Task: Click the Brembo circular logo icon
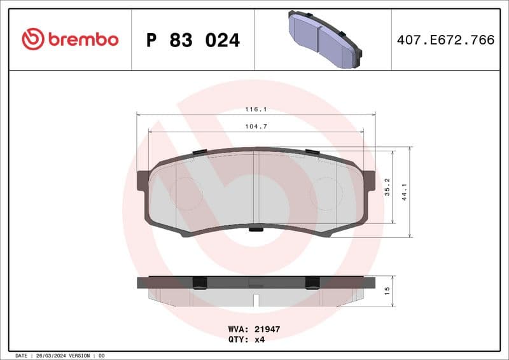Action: coord(32,39)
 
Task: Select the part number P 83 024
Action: coord(193,40)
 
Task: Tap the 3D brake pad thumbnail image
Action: coord(324,39)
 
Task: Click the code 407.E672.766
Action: coord(445,40)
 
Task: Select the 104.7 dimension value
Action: coord(256,127)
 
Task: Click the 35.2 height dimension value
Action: coord(387,187)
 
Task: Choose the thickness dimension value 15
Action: coord(387,291)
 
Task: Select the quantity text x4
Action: coord(259,340)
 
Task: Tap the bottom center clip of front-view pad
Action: coord(256,229)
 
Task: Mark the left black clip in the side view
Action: coord(199,282)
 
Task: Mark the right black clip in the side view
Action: coord(312,282)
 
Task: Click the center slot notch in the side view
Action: coord(255,299)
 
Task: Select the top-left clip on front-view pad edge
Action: coord(199,151)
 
